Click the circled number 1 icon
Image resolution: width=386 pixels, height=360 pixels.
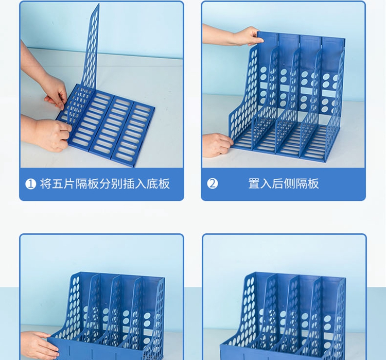point(30,184)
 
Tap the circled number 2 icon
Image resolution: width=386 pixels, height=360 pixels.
point(212,183)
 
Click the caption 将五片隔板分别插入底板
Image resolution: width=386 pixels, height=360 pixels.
point(105,183)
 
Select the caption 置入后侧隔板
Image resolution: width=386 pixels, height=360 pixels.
point(284,183)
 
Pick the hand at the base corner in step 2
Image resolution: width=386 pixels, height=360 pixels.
point(217,145)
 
